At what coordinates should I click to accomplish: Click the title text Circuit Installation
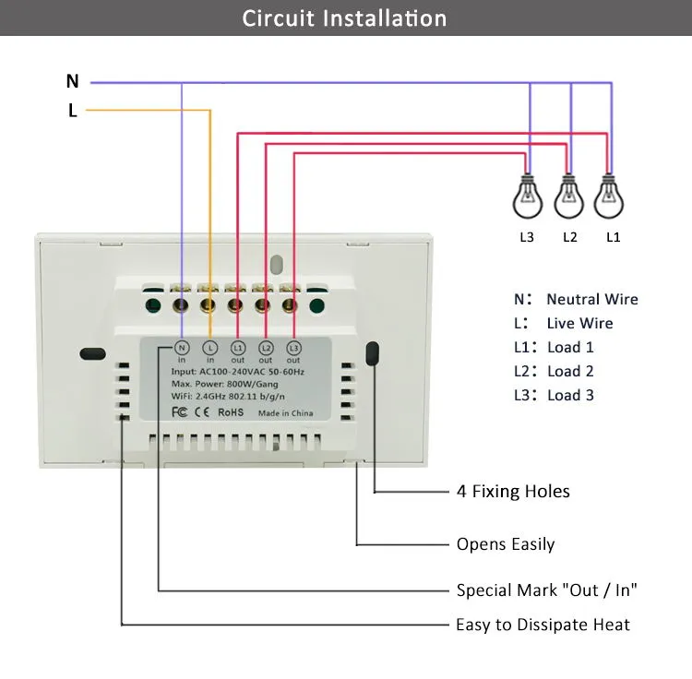pyautogui.click(x=344, y=18)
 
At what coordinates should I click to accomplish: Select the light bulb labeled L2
pyautogui.click(x=568, y=196)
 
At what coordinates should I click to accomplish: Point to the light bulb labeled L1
pyautogui.click(x=608, y=196)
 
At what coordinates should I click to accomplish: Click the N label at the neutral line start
pyautogui.click(x=72, y=81)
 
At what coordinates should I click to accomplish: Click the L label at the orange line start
pyautogui.click(x=72, y=111)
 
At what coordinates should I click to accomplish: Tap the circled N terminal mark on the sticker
pyautogui.click(x=182, y=348)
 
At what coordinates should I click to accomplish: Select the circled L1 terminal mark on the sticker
pyautogui.click(x=238, y=348)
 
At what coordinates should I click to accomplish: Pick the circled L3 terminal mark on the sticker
pyautogui.click(x=294, y=348)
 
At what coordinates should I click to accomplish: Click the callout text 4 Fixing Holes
pyautogui.click(x=513, y=492)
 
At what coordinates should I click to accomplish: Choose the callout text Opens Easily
pyautogui.click(x=506, y=544)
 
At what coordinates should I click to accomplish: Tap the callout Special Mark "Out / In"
pyautogui.click(x=546, y=590)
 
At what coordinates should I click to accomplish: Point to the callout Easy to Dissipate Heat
pyautogui.click(x=543, y=625)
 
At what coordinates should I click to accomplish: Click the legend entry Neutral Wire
pyautogui.click(x=591, y=299)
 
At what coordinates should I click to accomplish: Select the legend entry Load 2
pyautogui.click(x=570, y=371)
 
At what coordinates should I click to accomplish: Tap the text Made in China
pyautogui.click(x=285, y=413)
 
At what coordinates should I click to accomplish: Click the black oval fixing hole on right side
pyautogui.click(x=374, y=354)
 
